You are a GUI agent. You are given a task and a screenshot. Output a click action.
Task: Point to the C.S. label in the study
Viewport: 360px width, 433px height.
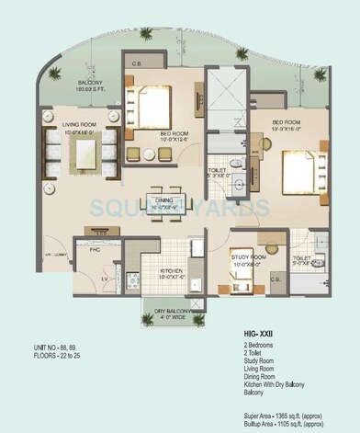250,279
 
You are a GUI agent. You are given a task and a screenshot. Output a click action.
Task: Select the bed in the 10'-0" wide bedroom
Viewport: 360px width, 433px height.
154,105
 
